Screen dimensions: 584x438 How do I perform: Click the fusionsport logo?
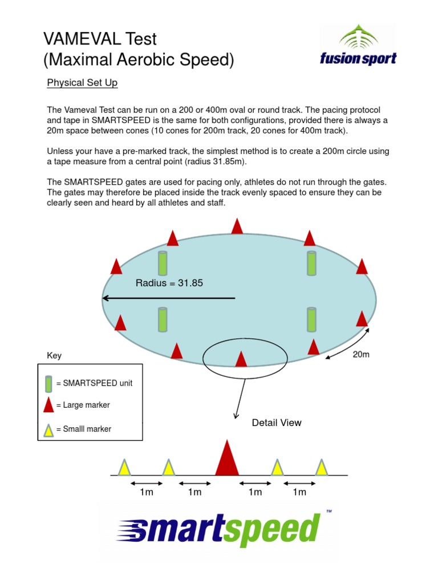[x=359, y=46]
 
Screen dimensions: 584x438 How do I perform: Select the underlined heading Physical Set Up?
[x=82, y=83]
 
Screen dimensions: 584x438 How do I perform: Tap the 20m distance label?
[x=361, y=354]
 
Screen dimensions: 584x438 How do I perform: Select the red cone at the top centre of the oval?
[x=237, y=226]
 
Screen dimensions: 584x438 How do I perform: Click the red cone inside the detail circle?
[x=241, y=359]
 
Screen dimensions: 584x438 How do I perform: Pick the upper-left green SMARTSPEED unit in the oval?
[x=163, y=263]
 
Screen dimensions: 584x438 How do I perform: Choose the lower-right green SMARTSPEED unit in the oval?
[x=311, y=319]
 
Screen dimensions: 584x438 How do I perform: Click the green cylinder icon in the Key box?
[x=49, y=383]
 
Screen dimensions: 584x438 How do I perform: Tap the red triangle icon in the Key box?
[x=49, y=405]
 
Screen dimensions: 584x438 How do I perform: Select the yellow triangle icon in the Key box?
[x=49, y=429]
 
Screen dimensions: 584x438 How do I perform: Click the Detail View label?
[x=277, y=423]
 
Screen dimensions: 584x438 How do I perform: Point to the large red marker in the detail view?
[x=227, y=458]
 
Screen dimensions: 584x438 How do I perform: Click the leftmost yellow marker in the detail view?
[x=124, y=467]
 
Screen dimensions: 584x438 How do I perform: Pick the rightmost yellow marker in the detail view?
[x=322, y=467]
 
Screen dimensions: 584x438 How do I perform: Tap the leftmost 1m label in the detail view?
[x=147, y=492]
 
